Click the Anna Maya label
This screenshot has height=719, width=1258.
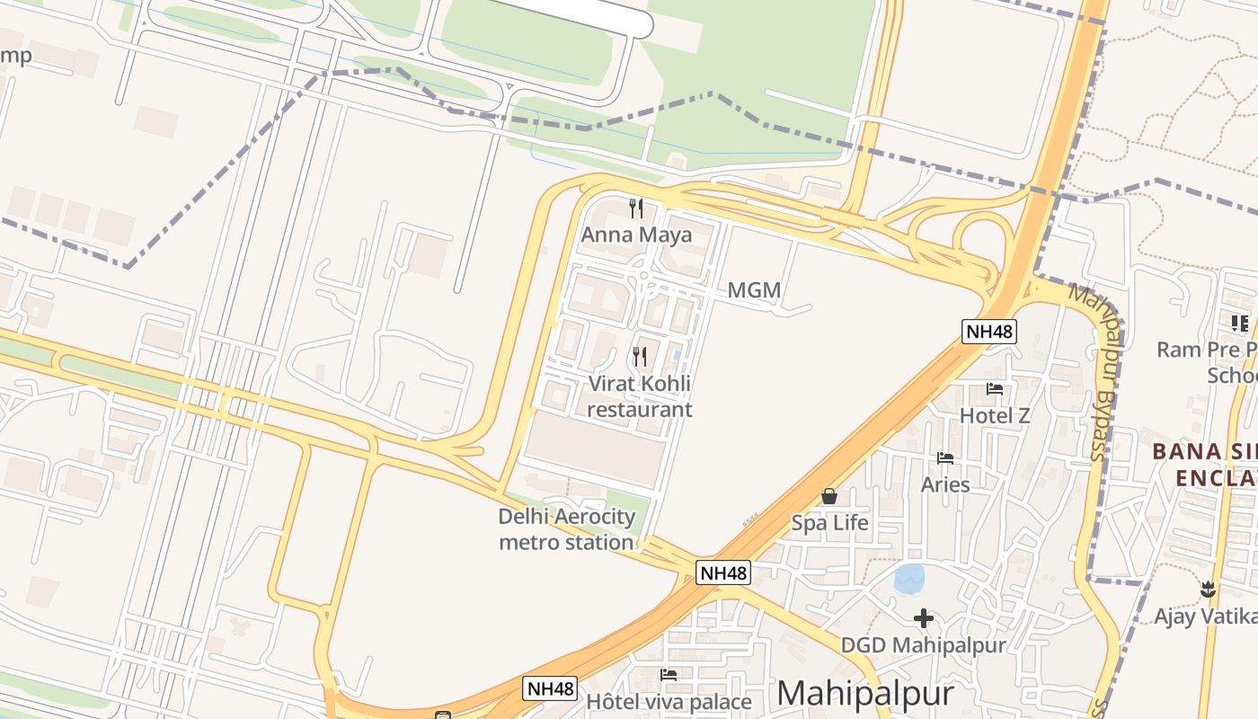636,235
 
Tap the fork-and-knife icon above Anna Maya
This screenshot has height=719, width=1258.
637,209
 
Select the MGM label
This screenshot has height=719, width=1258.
754,290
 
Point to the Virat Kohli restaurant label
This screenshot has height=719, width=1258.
640,396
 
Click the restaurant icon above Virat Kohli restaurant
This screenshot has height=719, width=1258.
640,356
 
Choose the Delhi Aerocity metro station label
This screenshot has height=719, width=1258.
566,529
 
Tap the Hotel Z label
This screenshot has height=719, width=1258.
995,415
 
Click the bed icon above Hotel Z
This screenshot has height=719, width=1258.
995,389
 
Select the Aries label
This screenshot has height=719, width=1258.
945,484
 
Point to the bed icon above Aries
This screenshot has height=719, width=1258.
945,458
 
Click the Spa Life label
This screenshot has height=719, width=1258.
829,522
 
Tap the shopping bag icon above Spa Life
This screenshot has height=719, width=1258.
829,496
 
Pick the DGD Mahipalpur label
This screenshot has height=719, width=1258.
923,644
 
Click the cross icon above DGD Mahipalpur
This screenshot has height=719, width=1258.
923,618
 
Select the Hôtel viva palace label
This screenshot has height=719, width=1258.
669,701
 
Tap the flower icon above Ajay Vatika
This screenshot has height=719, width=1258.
1208,590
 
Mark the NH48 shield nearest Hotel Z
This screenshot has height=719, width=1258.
988,331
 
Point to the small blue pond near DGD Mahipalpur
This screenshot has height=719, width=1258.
910,578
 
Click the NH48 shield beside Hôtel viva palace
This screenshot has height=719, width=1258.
550,688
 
